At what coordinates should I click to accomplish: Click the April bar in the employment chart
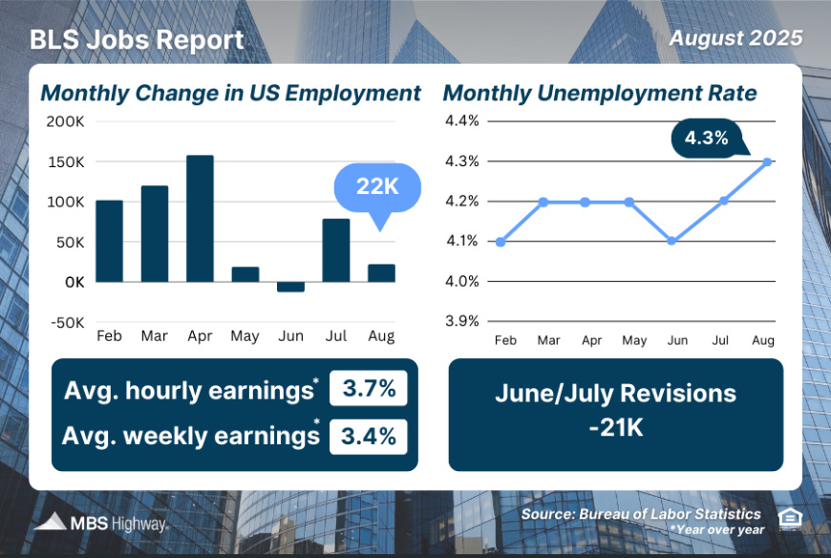pyautogui.click(x=200, y=218)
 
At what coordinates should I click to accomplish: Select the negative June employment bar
pyautogui.click(x=290, y=287)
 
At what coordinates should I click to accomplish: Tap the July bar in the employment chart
pyautogui.click(x=336, y=250)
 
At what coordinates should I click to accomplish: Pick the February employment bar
pyautogui.click(x=109, y=241)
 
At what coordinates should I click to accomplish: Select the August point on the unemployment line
pyautogui.click(x=767, y=161)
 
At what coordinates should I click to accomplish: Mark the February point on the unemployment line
pyautogui.click(x=501, y=241)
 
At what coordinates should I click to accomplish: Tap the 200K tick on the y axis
pyautogui.click(x=65, y=122)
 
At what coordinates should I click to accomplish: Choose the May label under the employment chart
pyautogui.click(x=245, y=337)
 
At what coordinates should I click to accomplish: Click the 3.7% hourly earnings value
pyautogui.click(x=369, y=390)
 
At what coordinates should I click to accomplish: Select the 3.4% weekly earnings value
pyautogui.click(x=369, y=436)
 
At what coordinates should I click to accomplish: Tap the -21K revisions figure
pyautogui.click(x=615, y=427)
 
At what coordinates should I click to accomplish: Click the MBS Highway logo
pyautogui.click(x=101, y=523)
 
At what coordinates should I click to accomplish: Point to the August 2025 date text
pyautogui.click(x=735, y=38)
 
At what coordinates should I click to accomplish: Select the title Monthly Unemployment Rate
pyautogui.click(x=600, y=93)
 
